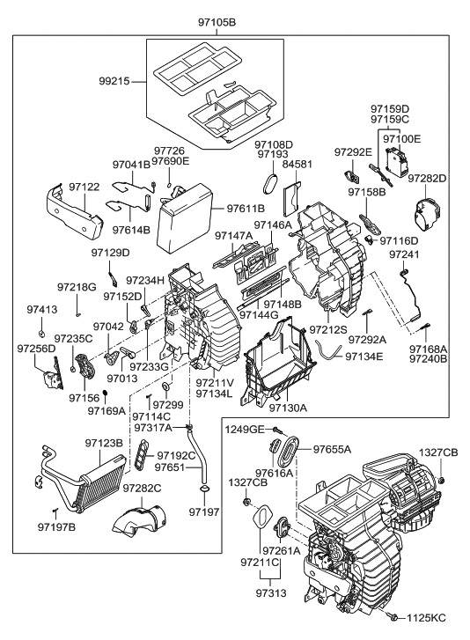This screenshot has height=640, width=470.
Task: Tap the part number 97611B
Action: (x=245, y=209)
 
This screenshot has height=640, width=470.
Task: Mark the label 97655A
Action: (x=332, y=448)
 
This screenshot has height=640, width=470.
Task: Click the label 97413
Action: (x=40, y=310)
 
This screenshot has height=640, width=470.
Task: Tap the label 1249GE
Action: (x=243, y=429)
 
